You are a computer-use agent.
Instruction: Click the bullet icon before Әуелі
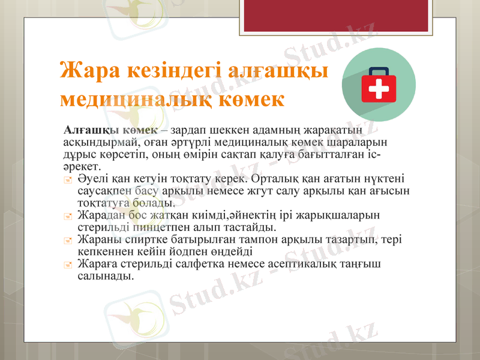pos(68,179)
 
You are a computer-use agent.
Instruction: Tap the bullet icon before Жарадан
pos(68,216)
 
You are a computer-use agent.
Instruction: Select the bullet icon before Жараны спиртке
pos(68,240)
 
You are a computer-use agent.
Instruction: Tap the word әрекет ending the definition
pos(82,166)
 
